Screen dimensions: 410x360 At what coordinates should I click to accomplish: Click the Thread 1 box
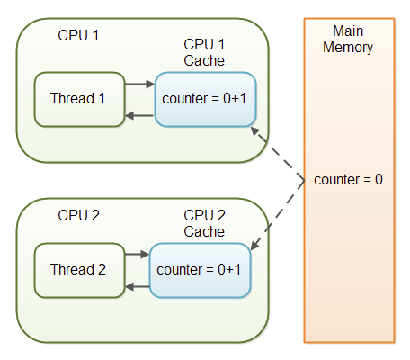tap(79, 99)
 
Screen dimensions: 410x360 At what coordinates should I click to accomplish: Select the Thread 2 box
tap(79, 270)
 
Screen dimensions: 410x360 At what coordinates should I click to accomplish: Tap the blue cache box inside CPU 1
tap(205, 99)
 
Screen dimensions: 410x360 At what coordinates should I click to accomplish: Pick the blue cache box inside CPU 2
tap(200, 270)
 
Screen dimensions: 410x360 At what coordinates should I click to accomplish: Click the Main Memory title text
tap(348, 40)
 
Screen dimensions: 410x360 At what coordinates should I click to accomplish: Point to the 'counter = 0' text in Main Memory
tap(348, 179)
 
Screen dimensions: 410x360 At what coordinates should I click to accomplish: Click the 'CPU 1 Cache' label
tap(204, 52)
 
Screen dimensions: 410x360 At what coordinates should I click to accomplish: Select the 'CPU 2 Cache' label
tap(204, 223)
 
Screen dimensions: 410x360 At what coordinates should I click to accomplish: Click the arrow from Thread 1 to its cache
tap(139, 84)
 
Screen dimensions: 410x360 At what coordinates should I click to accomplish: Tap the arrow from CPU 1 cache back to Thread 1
tap(139, 115)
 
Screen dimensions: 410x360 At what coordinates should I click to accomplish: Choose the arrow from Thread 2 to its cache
tap(137, 255)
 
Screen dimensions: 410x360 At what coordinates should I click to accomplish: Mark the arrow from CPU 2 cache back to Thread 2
tap(137, 286)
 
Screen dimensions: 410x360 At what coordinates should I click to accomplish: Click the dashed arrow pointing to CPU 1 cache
tap(278, 153)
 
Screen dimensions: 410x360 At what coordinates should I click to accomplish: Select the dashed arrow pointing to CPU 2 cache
tap(278, 215)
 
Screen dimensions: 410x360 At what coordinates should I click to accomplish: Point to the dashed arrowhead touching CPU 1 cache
tap(254, 130)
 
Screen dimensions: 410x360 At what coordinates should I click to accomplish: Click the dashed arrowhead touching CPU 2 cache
tap(254, 246)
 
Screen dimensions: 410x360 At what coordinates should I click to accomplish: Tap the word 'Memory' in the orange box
tap(348, 48)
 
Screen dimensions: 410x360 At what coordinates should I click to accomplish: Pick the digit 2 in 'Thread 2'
tap(102, 269)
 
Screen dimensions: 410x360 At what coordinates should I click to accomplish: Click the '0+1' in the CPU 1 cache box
tap(235, 98)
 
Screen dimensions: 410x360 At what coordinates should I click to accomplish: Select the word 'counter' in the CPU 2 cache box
tap(179, 270)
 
